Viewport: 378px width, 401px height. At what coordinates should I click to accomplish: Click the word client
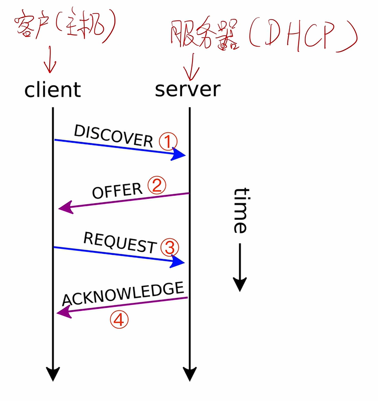tap(53, 90)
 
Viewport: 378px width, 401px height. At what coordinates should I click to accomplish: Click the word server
tap(187, 89)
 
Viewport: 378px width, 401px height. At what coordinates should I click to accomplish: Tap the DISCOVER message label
tap(113, 135)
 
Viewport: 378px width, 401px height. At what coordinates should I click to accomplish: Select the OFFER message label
tap(117, 191)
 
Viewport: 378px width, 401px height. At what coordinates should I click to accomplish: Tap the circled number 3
tap(169, 247)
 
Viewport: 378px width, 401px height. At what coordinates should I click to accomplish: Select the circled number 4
tap(119, 320)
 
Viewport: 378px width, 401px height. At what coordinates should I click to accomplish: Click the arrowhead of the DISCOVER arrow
tap(179, 155)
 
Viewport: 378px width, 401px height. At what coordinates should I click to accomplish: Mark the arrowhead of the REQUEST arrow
tap(178, 262)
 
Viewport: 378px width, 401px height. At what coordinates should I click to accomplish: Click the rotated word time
tap(240, 210)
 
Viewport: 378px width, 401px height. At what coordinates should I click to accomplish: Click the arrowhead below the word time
tap(240, 284)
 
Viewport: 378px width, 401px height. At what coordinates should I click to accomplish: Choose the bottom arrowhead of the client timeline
tap(53, 374)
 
